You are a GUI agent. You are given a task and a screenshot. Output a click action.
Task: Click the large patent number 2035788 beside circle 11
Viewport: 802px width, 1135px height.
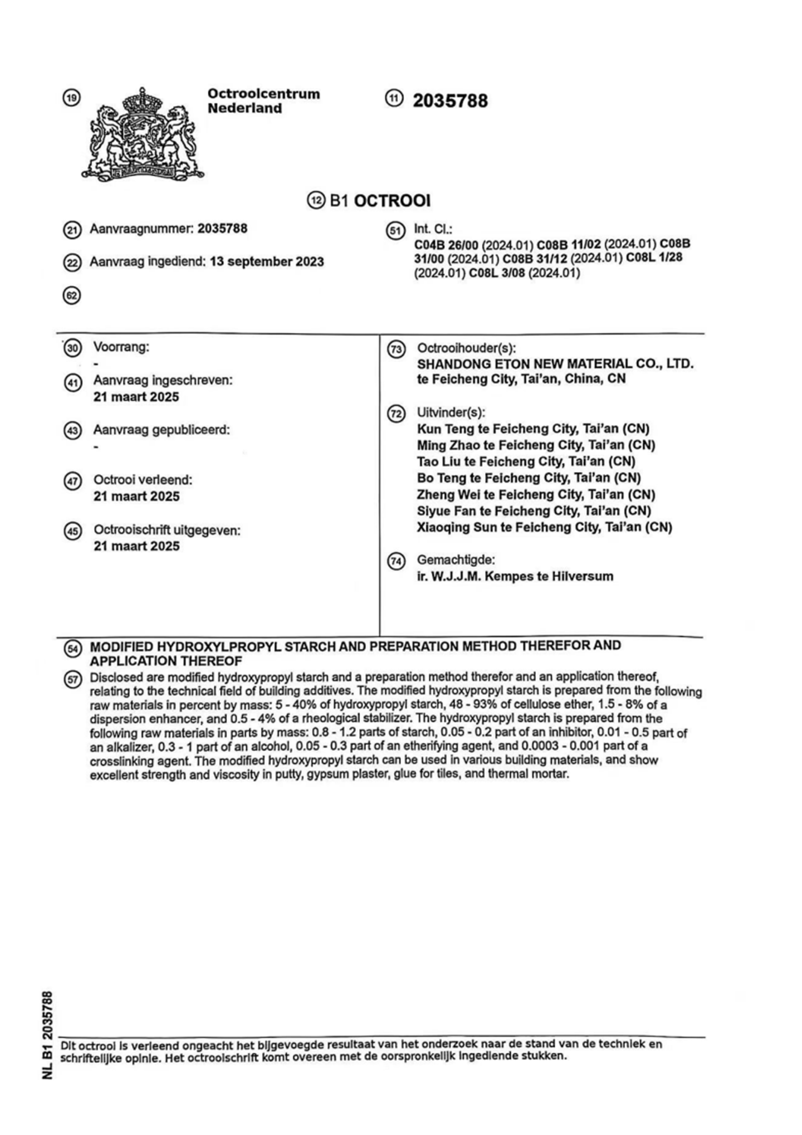(450, 101)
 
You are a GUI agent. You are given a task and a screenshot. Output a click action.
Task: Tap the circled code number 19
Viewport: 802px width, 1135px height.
(72, 98)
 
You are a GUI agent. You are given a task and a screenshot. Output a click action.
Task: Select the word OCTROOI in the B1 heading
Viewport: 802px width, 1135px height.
(393, 201)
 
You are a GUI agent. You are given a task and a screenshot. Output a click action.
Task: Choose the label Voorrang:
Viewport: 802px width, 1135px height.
(121, 347)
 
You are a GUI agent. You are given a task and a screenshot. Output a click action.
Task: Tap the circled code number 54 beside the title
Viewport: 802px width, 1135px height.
(73, 648)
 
